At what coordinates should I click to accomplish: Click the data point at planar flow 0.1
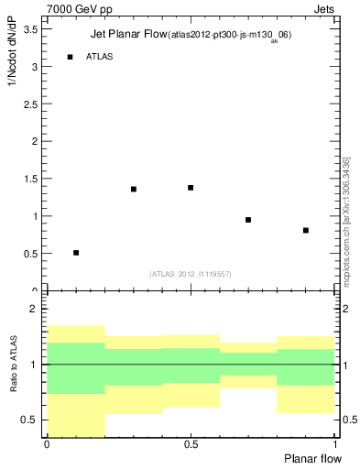click(x=76, y=252)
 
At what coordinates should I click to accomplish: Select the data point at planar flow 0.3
click(x=134, y=189)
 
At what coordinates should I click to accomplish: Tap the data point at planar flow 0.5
click(x=191, y=187)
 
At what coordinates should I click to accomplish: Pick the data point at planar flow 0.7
click(x=248, y=220)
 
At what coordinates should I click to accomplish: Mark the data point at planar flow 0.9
click(x=306, y=230)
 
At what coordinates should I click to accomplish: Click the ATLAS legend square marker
click(x=71, y=57)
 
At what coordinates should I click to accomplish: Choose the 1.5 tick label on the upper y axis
click(x=30, y=180)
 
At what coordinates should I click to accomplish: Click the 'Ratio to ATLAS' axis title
click(x=13, y=365)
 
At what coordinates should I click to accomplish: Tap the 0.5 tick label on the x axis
click(x=191, y=444)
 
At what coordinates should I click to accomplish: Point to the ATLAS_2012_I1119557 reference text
click(x=191, y=274)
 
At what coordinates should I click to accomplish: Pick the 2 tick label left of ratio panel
click(x=34, y=310)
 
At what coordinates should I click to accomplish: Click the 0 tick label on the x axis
click(x=47, y=444)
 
